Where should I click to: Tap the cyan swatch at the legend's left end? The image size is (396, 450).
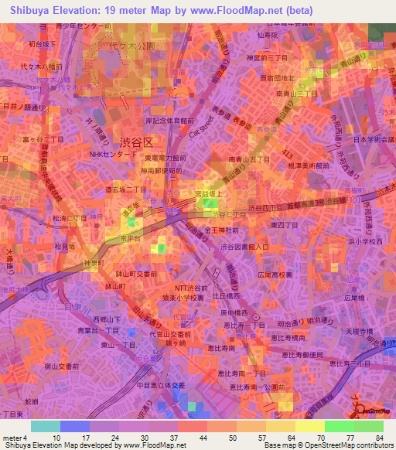coord(46,426)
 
